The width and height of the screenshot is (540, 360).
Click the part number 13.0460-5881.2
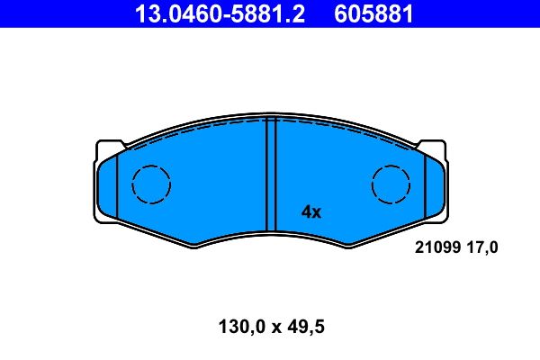(x=220, y=14)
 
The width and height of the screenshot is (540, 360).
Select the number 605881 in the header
(x=373, y=14)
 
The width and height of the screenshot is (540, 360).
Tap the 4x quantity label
(x=311, y=212)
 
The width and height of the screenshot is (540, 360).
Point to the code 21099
(x=437, y=247)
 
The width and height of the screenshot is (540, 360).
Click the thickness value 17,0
(x=482, y=247)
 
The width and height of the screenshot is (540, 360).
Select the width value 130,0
(x=242, y=327)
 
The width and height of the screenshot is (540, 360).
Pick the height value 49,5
(x=306, y=327)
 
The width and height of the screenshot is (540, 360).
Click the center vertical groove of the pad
(x=272, y=174)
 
